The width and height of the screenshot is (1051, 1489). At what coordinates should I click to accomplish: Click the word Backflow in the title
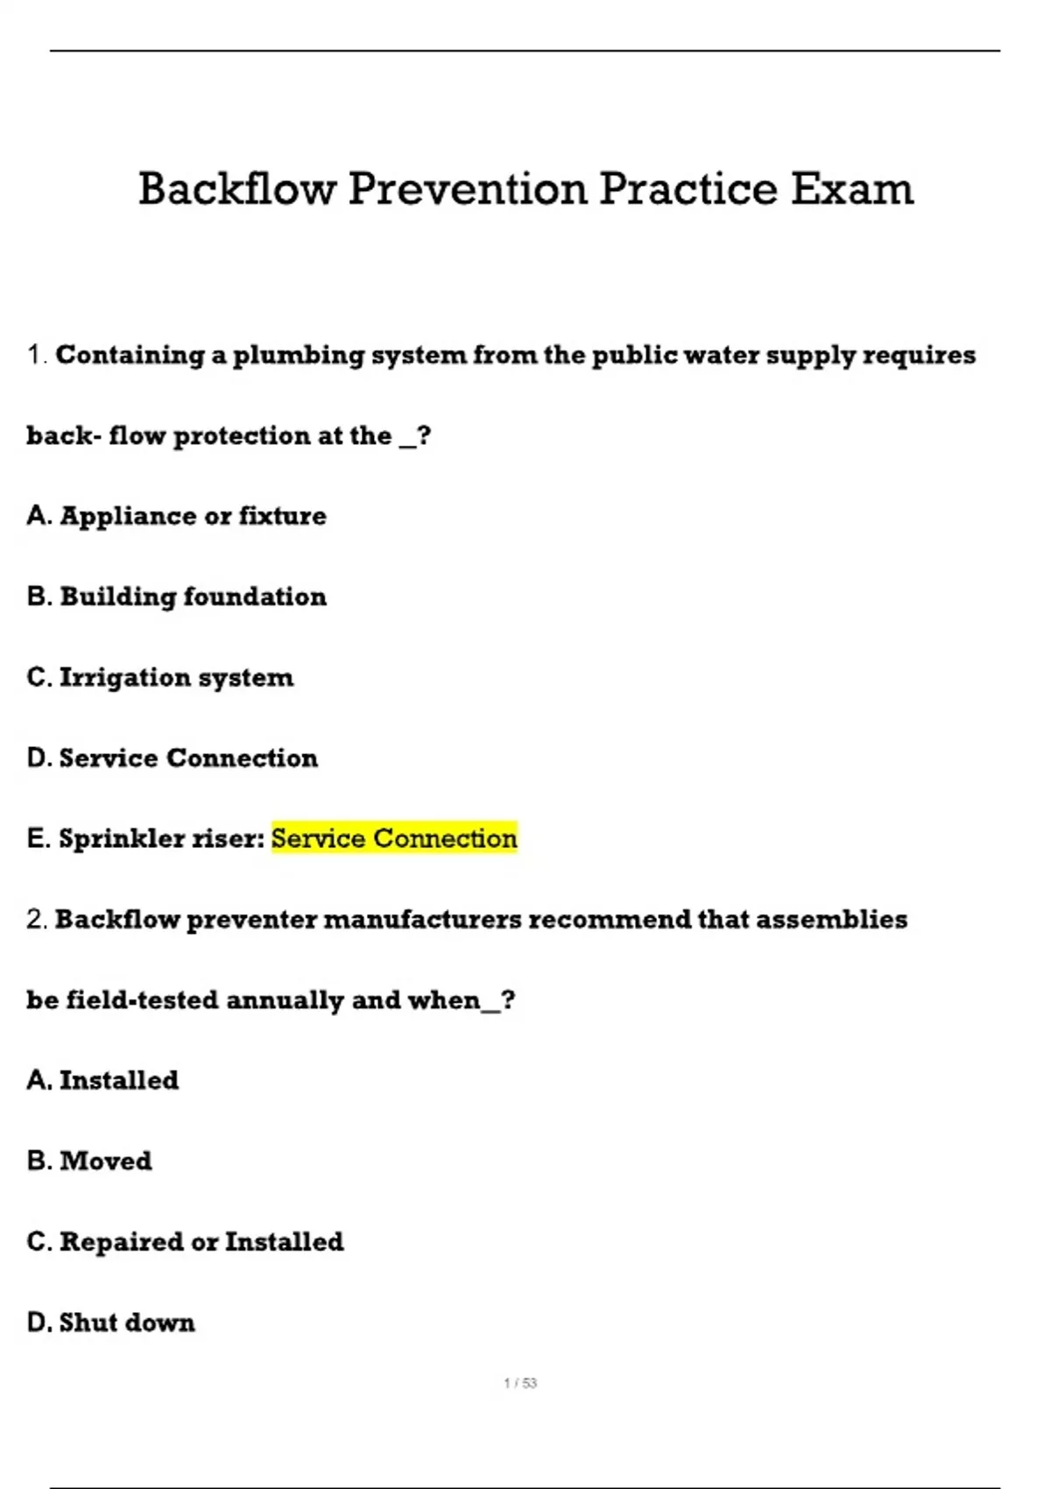[237, 188]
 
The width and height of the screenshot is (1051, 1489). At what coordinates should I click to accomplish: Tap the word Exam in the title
[852, 188]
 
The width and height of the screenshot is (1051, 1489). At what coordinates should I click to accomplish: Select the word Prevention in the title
[468, 188]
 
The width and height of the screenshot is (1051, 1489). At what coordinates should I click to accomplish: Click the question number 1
[36, 355]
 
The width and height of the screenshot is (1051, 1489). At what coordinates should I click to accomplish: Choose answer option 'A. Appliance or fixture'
[176, 516]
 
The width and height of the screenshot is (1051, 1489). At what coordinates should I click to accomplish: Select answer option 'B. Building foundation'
[176, 596]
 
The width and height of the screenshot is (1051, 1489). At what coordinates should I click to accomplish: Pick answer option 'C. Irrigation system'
[160, 677]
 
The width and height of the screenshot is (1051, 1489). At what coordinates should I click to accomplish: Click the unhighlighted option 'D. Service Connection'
[173, 758]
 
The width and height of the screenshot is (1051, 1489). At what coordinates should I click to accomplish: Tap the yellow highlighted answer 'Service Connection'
[394, 838]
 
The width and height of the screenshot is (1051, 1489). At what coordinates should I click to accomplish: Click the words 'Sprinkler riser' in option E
[158, 838]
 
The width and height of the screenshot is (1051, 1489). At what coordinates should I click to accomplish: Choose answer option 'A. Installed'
[102, 1080]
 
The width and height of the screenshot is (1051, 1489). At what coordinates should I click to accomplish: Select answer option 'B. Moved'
[89, 1161]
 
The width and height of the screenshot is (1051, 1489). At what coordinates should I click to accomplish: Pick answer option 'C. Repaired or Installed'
[185, 1241]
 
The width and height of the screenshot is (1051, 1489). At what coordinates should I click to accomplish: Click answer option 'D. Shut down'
[111, 1322]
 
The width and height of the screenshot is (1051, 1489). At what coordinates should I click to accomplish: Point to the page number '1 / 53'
[520, 1383]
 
